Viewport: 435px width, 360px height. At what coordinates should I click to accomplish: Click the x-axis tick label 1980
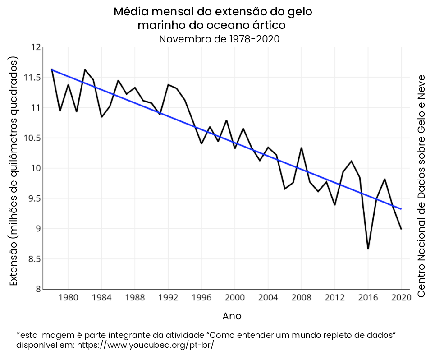(68, 298)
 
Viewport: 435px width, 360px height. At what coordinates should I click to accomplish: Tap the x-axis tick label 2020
(401, 298)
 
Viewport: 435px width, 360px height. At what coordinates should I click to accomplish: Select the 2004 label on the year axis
(268, 298)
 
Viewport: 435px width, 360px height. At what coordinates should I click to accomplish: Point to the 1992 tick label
(168, 298)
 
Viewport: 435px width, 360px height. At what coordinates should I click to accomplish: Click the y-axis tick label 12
(36, 47)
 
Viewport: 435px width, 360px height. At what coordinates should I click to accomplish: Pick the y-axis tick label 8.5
(34, 259)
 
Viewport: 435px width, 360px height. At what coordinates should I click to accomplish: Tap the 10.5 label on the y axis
(32, 138)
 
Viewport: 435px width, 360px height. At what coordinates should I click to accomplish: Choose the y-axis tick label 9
(38, 229)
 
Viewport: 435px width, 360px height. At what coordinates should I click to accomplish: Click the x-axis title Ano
(232, 316)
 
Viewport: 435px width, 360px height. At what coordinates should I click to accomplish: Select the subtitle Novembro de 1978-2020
(220, 39)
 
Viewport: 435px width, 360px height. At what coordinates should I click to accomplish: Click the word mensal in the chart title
(172, 11)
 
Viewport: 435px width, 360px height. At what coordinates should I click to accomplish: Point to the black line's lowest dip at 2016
(368, 249)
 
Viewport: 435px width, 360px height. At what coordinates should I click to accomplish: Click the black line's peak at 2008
(302, 148)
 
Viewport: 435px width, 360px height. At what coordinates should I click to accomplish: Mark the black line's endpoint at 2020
(401, 229)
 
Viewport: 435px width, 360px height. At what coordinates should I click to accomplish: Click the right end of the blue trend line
(401, 209)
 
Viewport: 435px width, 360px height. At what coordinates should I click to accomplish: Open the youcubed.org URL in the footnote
(146, 345)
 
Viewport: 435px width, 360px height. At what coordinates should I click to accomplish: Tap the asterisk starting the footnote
(18, 335)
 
